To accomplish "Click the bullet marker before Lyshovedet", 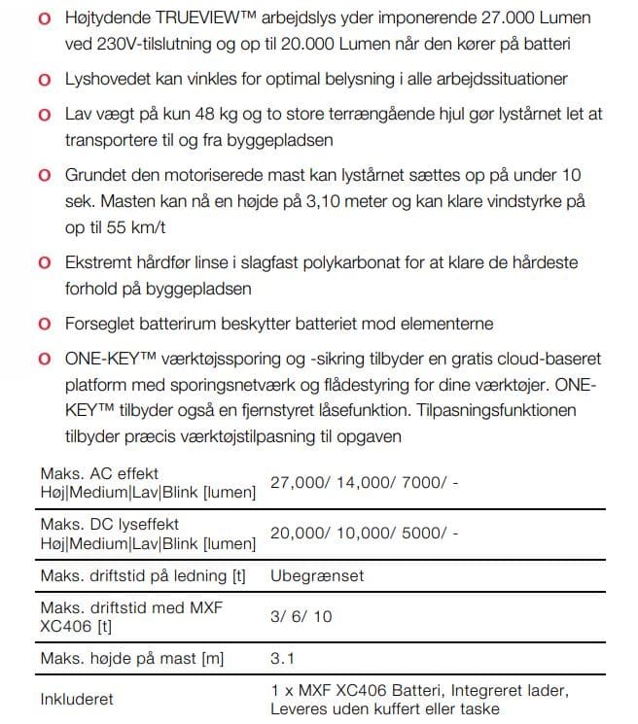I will (x=45, y=79).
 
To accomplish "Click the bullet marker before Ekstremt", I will (x=45, y=263).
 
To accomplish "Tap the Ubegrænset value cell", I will (x=317, y=575).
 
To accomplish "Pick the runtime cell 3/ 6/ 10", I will (x=301, y=617).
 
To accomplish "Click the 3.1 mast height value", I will (x=282, y=659).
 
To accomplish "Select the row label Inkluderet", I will (x=77, y=699).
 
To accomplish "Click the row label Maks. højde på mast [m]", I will (x=131, y=659).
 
